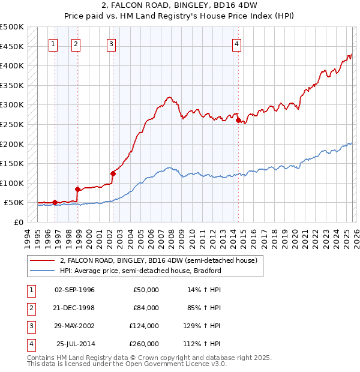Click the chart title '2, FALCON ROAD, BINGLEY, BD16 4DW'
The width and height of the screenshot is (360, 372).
coord(179,5)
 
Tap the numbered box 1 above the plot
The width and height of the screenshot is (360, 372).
coord(53,43)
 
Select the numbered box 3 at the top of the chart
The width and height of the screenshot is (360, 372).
coord(112,43)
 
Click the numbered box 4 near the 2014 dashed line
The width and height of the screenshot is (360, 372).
coord(237,43)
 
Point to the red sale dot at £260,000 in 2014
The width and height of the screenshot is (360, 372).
coord(238,121)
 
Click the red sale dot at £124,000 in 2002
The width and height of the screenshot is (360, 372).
coord(113,173)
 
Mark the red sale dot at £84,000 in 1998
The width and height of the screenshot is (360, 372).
coord(77,189)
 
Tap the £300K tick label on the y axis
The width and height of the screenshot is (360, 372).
coord(12,105)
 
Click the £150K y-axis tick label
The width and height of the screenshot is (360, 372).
coord(12,163)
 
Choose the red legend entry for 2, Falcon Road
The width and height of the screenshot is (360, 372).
coord(158,260)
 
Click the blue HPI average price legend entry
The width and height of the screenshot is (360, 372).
coord(140,271)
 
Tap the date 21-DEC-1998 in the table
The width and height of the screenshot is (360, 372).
coord(74,308)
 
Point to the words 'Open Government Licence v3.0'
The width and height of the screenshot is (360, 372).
coord(177,364)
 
